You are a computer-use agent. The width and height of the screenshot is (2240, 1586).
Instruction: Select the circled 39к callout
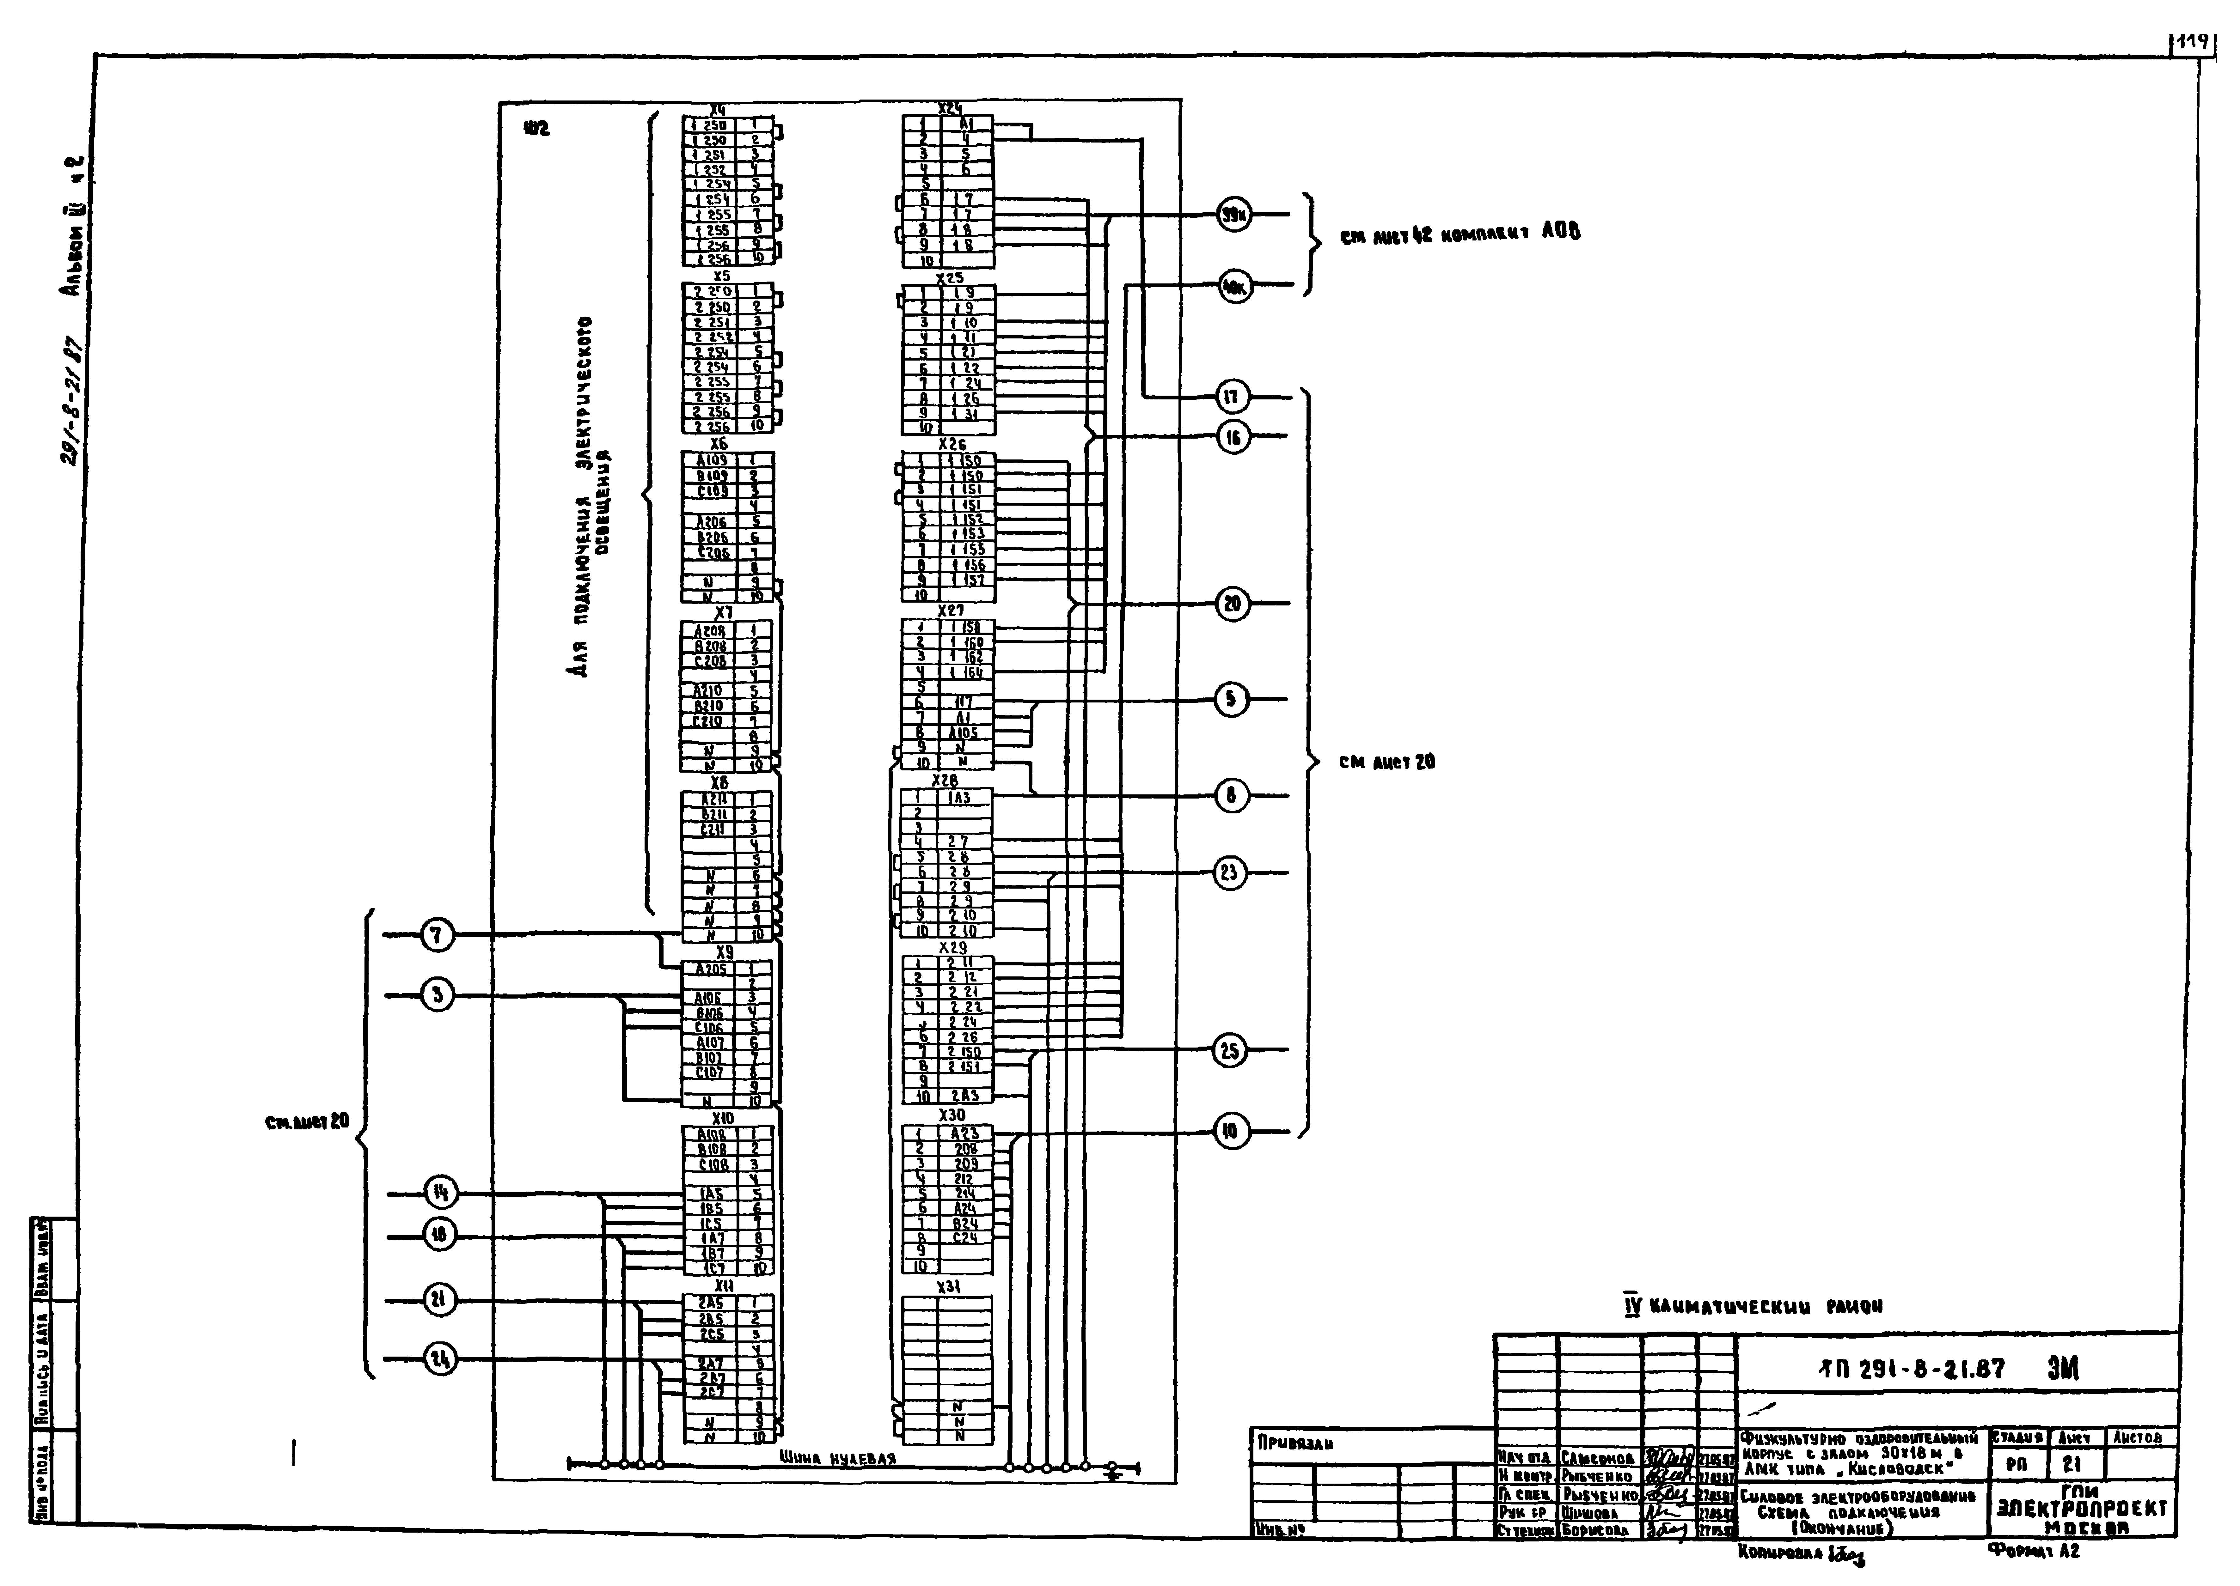1234,214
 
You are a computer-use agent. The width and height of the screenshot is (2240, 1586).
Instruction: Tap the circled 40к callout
1234,286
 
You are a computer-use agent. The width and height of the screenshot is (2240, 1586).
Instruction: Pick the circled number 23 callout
1230,872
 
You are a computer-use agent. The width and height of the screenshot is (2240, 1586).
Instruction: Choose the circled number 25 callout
1230,1051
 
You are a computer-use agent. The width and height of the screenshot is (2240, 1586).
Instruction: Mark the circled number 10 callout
1230,1132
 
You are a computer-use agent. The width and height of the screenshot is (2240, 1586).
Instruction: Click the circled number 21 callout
439,1300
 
